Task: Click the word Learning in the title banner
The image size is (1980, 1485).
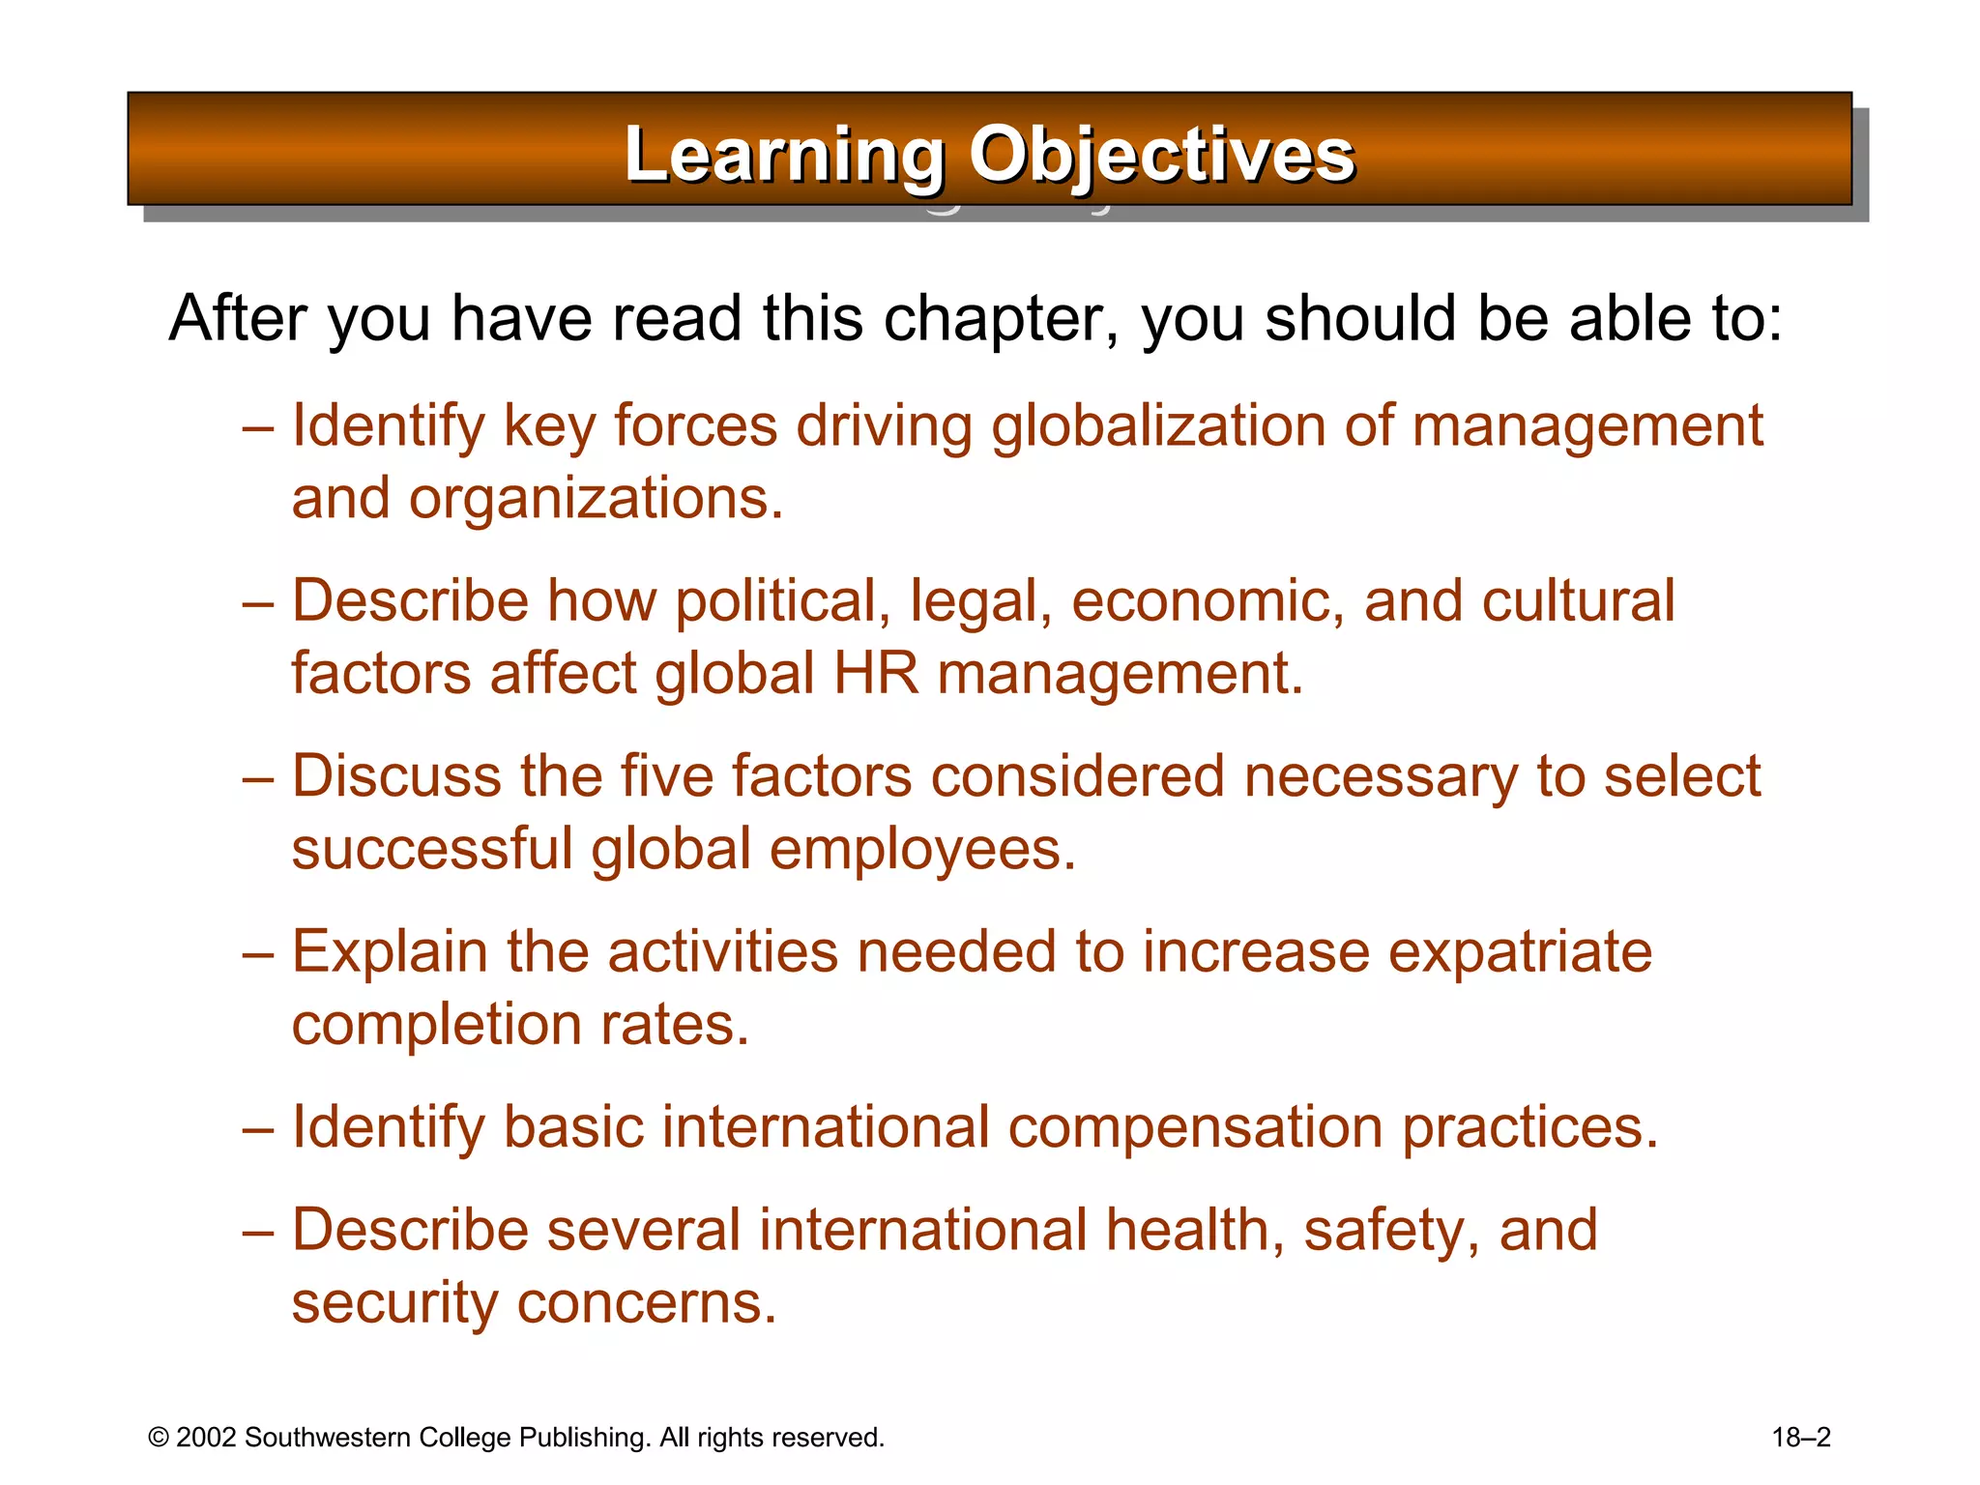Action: (x=784, y=156)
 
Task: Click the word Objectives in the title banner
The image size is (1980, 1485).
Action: (x=1162, y=156)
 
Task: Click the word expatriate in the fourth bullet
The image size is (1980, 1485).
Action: (x=1521, y=952)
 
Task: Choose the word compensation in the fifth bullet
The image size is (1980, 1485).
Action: (x=1196, y=1127)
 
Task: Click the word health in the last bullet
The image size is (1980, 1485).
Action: (x=1188, y=1230)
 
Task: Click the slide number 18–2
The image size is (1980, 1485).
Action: (x=1801, y=1438)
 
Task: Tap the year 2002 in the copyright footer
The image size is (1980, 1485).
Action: (x=206, y=1438)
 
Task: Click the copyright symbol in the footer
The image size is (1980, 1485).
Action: (x=159, y=1438)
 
